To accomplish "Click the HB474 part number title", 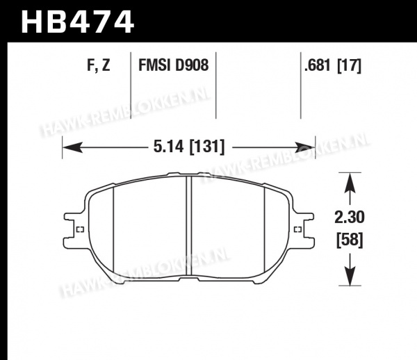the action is point(77,22).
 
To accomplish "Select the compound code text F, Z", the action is point(99,65).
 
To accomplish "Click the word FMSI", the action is point(154,65).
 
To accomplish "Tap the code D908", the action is point(192,65).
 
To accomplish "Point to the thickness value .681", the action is point(318,65).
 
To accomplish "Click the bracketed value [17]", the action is point(349,65).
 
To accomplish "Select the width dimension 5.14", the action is point(169,146).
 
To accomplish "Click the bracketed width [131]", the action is point(207,147).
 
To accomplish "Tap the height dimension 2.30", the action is point(350,218).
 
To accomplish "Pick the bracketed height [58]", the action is point(350,240).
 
